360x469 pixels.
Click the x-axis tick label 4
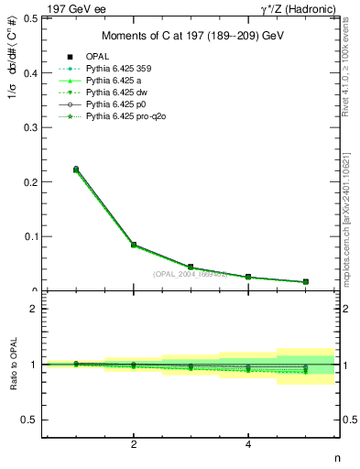pyautogui.click(x=248, y=445)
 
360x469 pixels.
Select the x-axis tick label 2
pyautogui.click(x=134, y=445)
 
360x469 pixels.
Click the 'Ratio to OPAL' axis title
pyautogui.click(x=11, y=364)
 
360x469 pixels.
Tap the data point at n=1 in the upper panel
pyautogui.click(x=76, y=169)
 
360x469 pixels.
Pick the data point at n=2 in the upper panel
pyautogui.click(x=134, y=245)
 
